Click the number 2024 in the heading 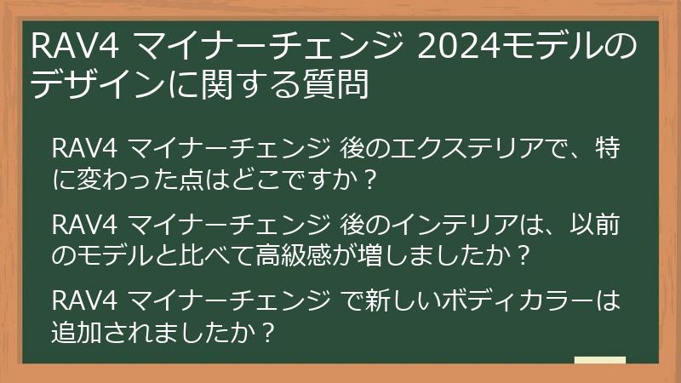click(459, 47)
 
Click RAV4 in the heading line click(75, 47)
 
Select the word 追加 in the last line click(77, 332)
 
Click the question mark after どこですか click(369, 180)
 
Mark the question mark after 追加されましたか click(269, 333)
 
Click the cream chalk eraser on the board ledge click(600, 360)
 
